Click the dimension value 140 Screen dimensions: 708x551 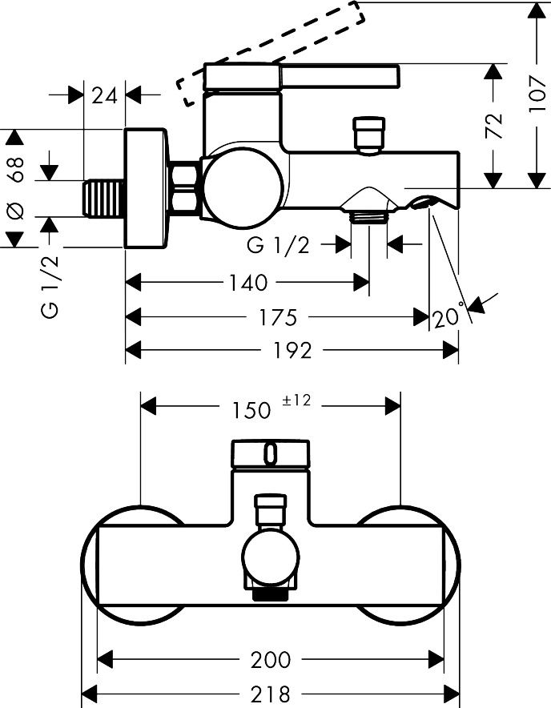click(249, 283)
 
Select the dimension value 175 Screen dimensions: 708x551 click(279, 317)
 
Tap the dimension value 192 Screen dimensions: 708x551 click(292, 350)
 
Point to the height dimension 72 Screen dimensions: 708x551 click(495, 126)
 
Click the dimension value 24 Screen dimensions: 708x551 click(105, 95)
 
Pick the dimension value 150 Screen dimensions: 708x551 click(252, 409)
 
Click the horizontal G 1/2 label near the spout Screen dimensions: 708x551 click(278, 246)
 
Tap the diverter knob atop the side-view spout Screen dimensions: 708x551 click(369, 134)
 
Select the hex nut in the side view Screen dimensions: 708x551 click(187, 189)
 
